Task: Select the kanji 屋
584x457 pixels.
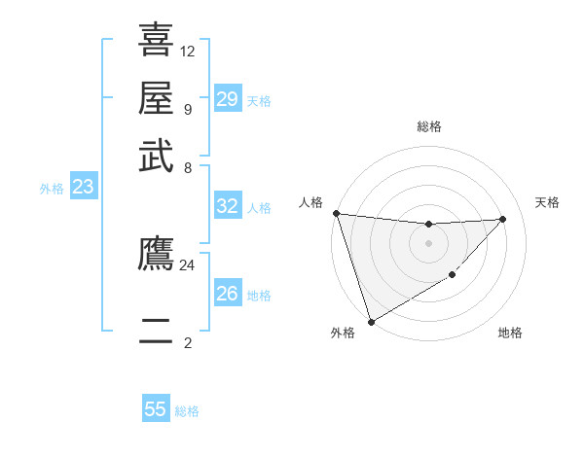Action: (x=156, y=98)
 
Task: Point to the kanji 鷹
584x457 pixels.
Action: (x=156, y=254)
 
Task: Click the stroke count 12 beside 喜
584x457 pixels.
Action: (x=188, y=51)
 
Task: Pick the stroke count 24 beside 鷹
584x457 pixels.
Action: (x=188, y=264)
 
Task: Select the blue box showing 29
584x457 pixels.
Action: (x=228, y=99)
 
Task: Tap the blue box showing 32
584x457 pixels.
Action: (x=228, y=206)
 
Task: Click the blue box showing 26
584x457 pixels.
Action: (x=228, y=294)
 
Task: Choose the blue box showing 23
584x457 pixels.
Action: (x=83, y=187)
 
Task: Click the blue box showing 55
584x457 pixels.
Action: (x=156, y=409)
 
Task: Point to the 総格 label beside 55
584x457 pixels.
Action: (x=188, y=411)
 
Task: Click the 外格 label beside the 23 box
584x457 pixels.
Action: (x=52, y=189)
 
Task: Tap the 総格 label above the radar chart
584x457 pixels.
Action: (x=428, y=126)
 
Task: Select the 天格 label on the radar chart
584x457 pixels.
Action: (x=548, y=202)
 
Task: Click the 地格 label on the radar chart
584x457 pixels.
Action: (x=510, y=333)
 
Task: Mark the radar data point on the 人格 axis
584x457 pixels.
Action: (x=336, y=213)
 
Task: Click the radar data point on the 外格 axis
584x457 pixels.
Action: (x=371, y=322)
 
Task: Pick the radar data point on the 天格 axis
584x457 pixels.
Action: (x=503, y=219)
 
